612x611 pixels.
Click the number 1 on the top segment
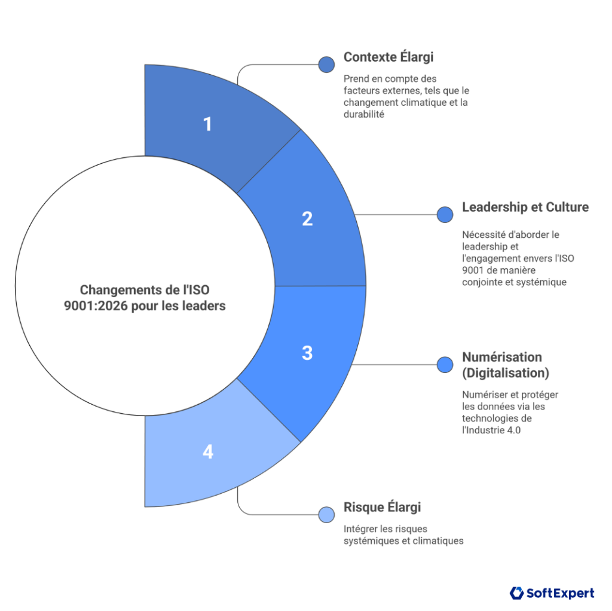tap(207, 124)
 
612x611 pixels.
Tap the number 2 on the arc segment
tap(307, 218)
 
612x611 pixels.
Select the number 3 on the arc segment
tap(307, 353)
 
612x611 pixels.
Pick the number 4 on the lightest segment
tap(207, 452)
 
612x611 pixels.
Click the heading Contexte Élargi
tap(388, 57)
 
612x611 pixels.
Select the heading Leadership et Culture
tap(525, 207)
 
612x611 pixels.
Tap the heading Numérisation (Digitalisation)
tap(506, 365)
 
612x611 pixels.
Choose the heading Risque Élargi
tap(382, 507)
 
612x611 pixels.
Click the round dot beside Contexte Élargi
tap(326, 65)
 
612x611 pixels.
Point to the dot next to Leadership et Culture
tap(445, 215)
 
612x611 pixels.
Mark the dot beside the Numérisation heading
tap(445, 365)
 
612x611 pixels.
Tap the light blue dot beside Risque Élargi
tap(326, 514)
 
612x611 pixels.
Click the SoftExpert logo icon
tap(516, 593)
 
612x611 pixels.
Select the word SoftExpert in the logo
tap(561, 593)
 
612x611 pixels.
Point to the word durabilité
tap(363, 114)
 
